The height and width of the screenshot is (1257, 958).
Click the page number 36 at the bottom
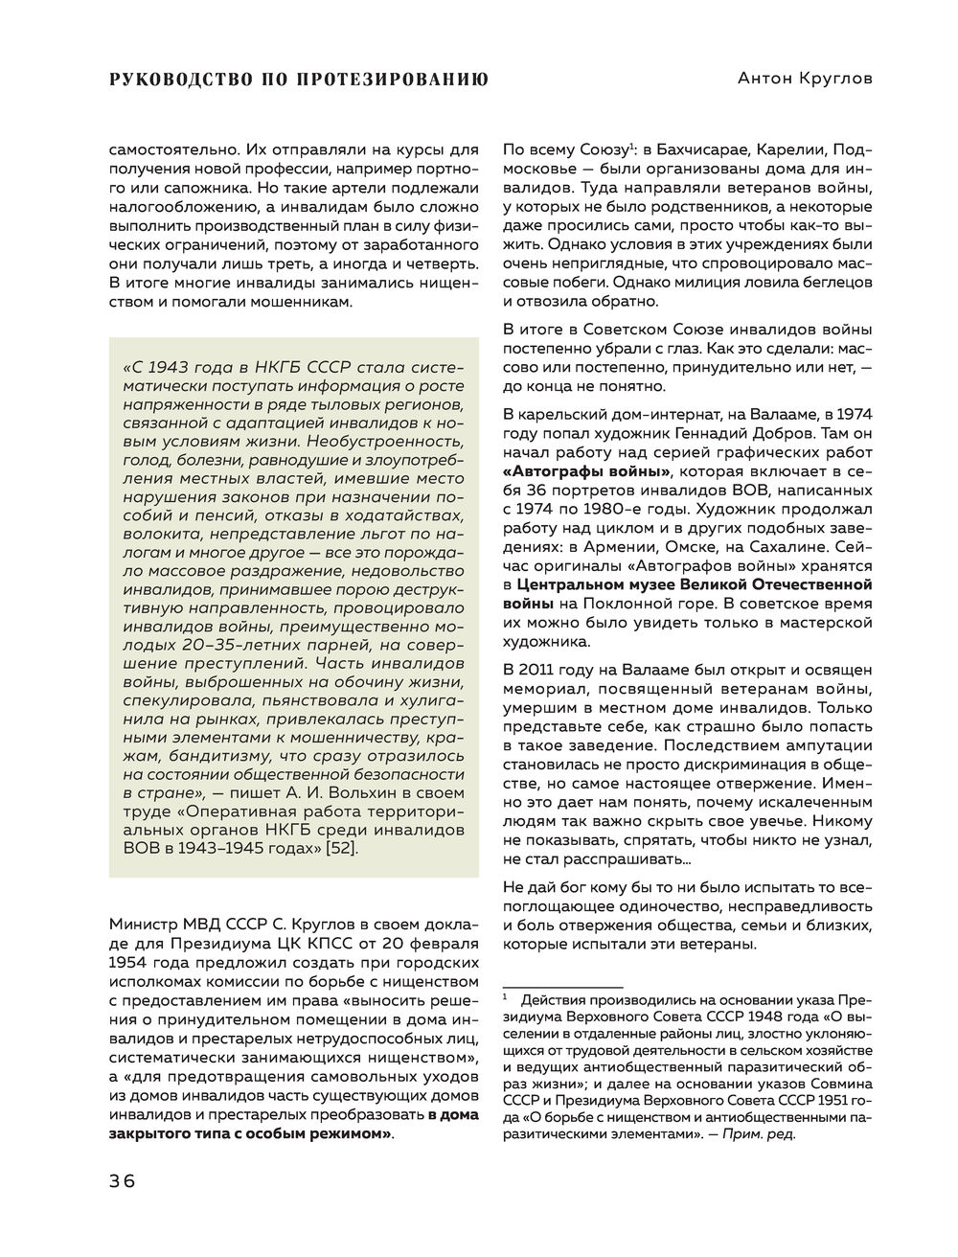(122, 1180)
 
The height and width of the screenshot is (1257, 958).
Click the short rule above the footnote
(562, 986)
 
